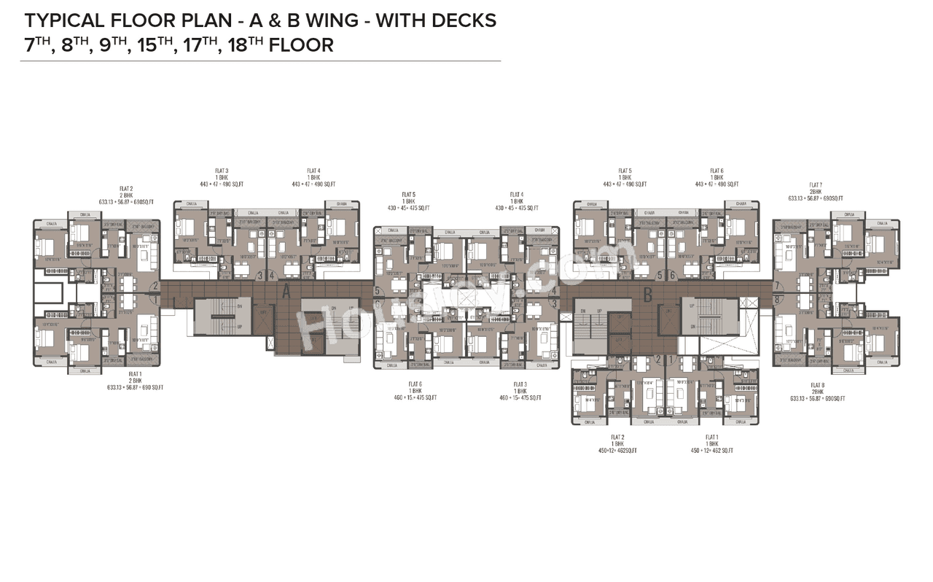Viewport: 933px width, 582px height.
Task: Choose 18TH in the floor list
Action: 242,45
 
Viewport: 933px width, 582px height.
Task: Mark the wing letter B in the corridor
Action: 647,295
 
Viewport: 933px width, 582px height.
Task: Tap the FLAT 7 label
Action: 816,185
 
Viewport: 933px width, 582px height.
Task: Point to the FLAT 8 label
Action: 817,384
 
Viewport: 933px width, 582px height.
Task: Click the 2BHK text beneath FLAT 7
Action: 816,192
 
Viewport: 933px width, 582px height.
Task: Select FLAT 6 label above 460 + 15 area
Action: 415,384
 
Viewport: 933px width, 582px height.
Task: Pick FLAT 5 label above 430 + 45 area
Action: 408,195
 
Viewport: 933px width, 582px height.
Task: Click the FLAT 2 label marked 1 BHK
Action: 617,438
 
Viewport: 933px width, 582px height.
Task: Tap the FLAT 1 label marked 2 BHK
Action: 135,374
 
